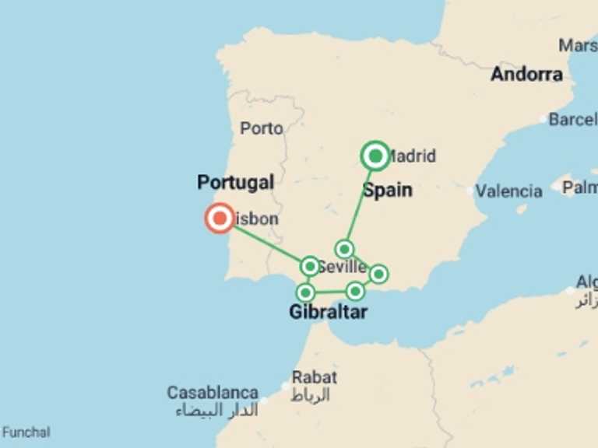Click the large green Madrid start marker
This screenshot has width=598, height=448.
tap(375, 156)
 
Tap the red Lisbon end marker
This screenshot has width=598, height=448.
tap(220, 219)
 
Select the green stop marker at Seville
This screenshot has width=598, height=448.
tap(310, 267)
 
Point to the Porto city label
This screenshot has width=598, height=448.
tap(262, 128)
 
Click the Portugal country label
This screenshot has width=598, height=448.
tap(235, 183)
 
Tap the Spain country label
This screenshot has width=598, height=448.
tap(388, 190)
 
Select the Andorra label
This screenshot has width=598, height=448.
tap(526, 75)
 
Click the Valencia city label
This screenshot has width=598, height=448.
tap(509, 191)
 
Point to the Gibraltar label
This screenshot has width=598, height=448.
tap(328, 313)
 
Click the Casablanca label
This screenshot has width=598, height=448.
tap(213, 393)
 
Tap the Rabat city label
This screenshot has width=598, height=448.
tap(314, 378)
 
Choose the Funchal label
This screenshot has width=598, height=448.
tap(26, 432)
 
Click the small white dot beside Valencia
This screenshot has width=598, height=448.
tap(470, 191)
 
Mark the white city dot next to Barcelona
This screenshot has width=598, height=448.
tap(543, 120)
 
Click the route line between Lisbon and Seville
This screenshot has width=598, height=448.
tap(265, 243)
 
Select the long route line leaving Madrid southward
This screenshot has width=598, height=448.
tap(361, 202)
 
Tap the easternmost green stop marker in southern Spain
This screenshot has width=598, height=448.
tap(378, 274)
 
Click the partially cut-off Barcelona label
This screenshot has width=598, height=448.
tap(573, 120)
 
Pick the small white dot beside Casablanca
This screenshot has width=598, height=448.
tap(265, 401)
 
